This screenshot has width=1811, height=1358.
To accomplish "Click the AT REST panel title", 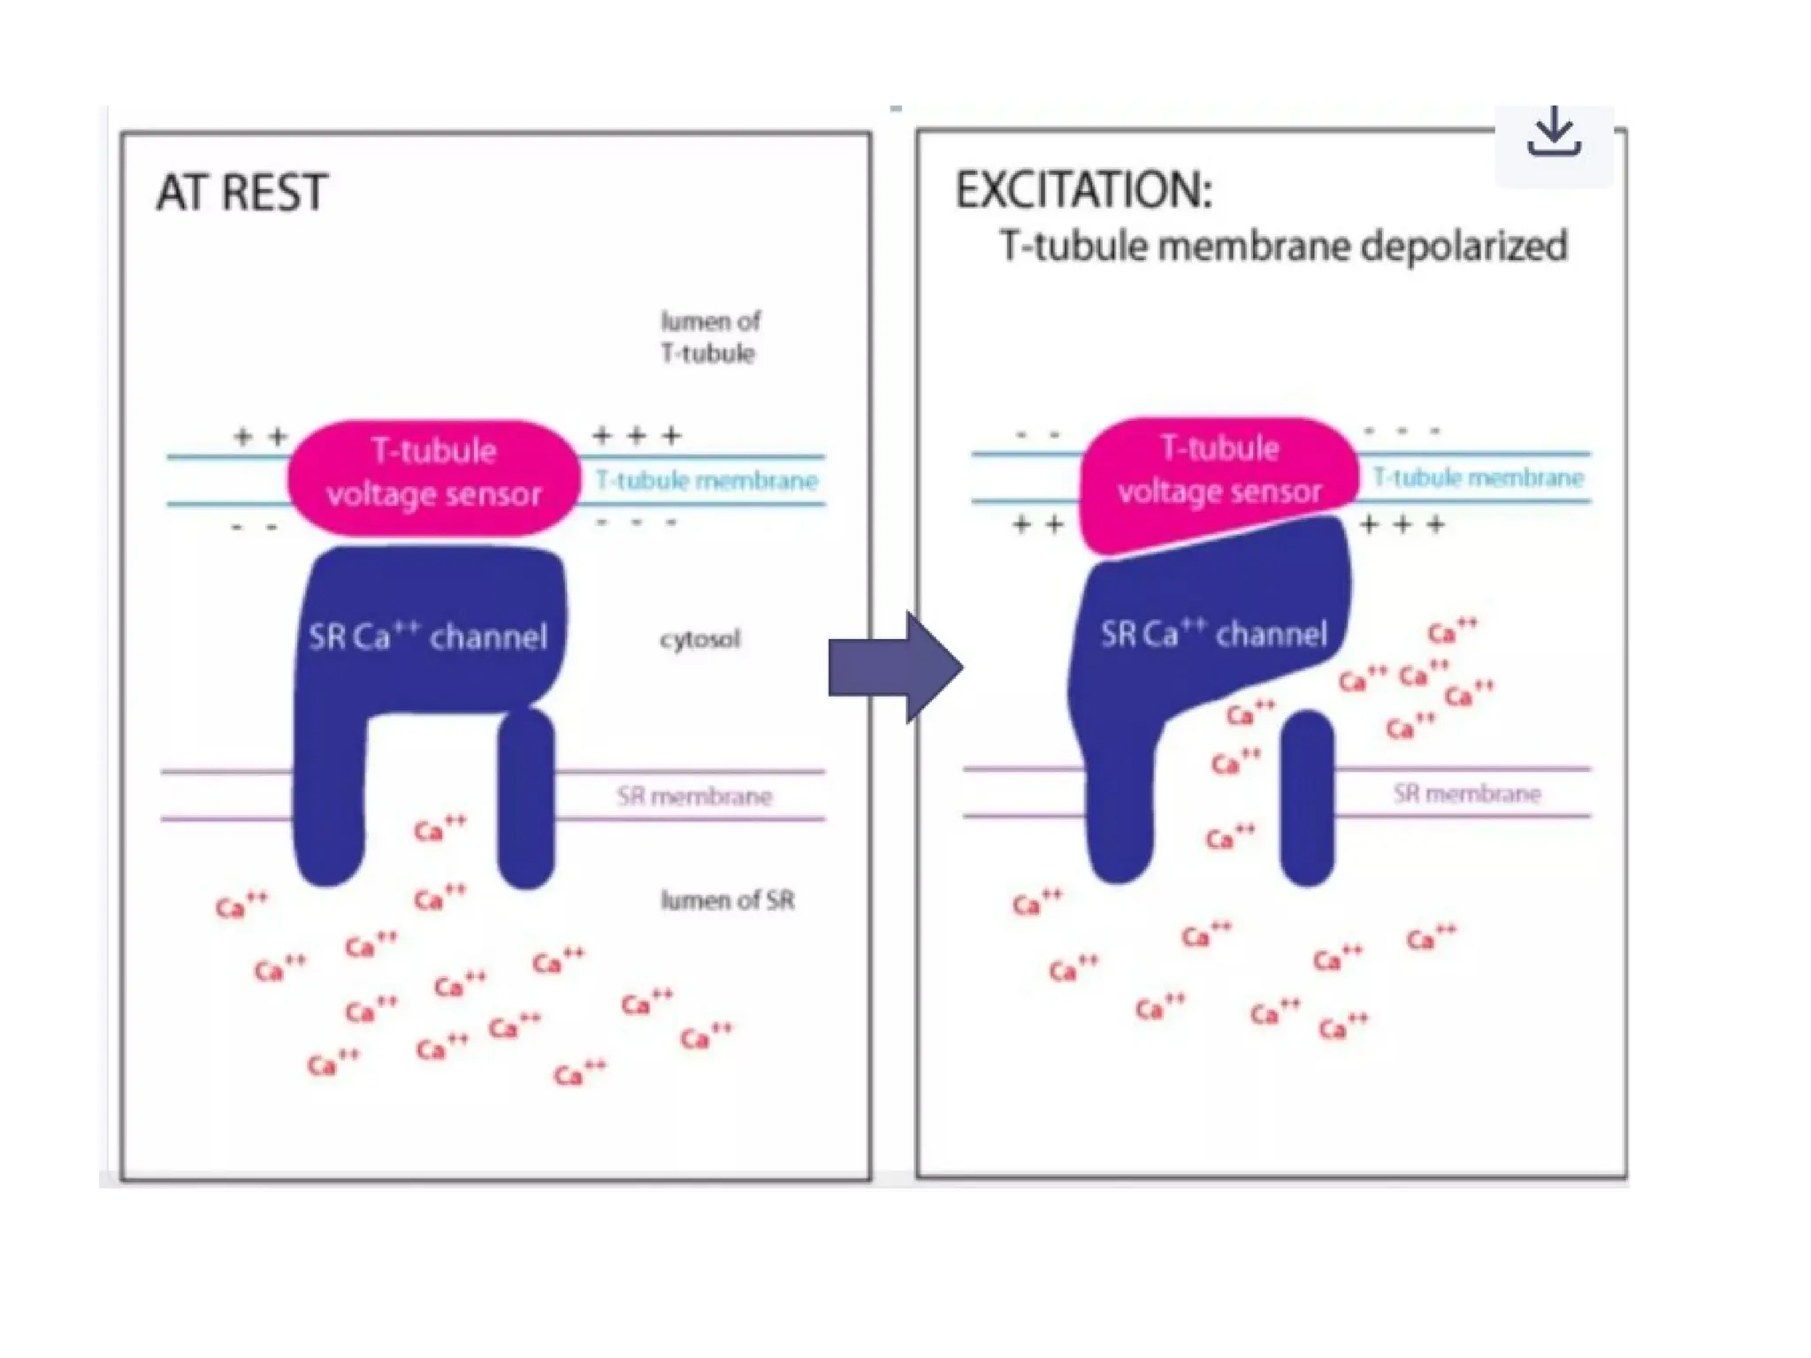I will pyautogui.click(x=241, y=192).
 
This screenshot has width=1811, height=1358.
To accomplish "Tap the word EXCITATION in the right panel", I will pyautogui.click(x=1083, y=190).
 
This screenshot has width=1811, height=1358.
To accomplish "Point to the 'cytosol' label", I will pyautogui.click(x=699, y=638).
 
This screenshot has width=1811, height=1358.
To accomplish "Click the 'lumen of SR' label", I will pyautogui.click(x=727, y=900).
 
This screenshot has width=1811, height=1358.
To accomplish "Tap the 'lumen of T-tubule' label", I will pyautogui.click(x=710, y=337).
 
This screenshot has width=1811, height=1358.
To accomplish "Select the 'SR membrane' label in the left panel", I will pyautogui.click(x=694, y=797).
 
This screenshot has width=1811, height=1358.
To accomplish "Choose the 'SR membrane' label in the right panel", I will pyautogui.click(x=1467, y=793).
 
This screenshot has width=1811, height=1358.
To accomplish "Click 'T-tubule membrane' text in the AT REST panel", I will pyautogui.click(x=707, y=480).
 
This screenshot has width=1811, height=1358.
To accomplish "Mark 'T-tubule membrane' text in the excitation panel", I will pyautogui.click(x=1478, y=477).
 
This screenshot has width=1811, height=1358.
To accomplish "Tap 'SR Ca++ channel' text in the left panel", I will pyautogui.click(x=428, y=636).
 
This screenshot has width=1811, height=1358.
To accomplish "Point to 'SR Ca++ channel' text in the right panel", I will pyautogui.click(x=1213, y=633).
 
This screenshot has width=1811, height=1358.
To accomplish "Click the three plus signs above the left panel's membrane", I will pyautogui.click(x=637, y=435).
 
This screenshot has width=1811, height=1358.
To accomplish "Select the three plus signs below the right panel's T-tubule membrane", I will pyautogui.click(x=1402, y=525).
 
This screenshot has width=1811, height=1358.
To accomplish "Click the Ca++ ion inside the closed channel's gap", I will pyautogui.click(x=439, y=828).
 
